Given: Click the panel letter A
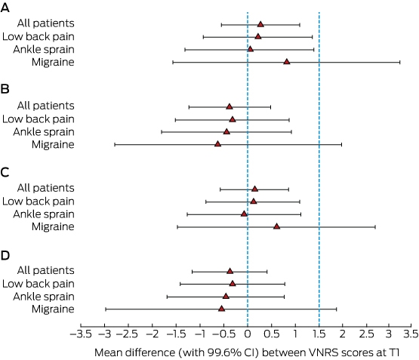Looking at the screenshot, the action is (x=5, y=8).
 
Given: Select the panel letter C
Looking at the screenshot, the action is (x=5, y=173).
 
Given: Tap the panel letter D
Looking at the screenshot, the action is (x=5, y=256).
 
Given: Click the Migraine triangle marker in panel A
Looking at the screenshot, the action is (x=287, y=62).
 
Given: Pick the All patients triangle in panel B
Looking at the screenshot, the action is (x=230, y=106).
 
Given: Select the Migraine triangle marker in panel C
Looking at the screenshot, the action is (x=277, y=226).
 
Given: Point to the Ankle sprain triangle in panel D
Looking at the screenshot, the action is (x=226, y=296).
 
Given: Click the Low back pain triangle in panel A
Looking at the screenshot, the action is (x=258, y=36).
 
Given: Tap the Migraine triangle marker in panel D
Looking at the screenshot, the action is (x=221, y=309).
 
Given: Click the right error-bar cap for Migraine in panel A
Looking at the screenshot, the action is (x=400, y=62).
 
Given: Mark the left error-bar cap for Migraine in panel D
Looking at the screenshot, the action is (x=106, y=309).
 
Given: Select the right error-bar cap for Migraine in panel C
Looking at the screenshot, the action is (x=375, y=227).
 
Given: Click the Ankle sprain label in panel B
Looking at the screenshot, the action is (x=44, y=132).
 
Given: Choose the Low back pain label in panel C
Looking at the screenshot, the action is (x=39, y=202).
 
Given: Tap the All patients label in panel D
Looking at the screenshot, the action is (x=46, y=270).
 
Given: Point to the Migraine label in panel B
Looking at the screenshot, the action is (x=53, y=144).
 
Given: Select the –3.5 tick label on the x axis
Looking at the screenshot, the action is (x=81, y=334).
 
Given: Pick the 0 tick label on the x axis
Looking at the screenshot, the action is (x=248, y=334).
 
